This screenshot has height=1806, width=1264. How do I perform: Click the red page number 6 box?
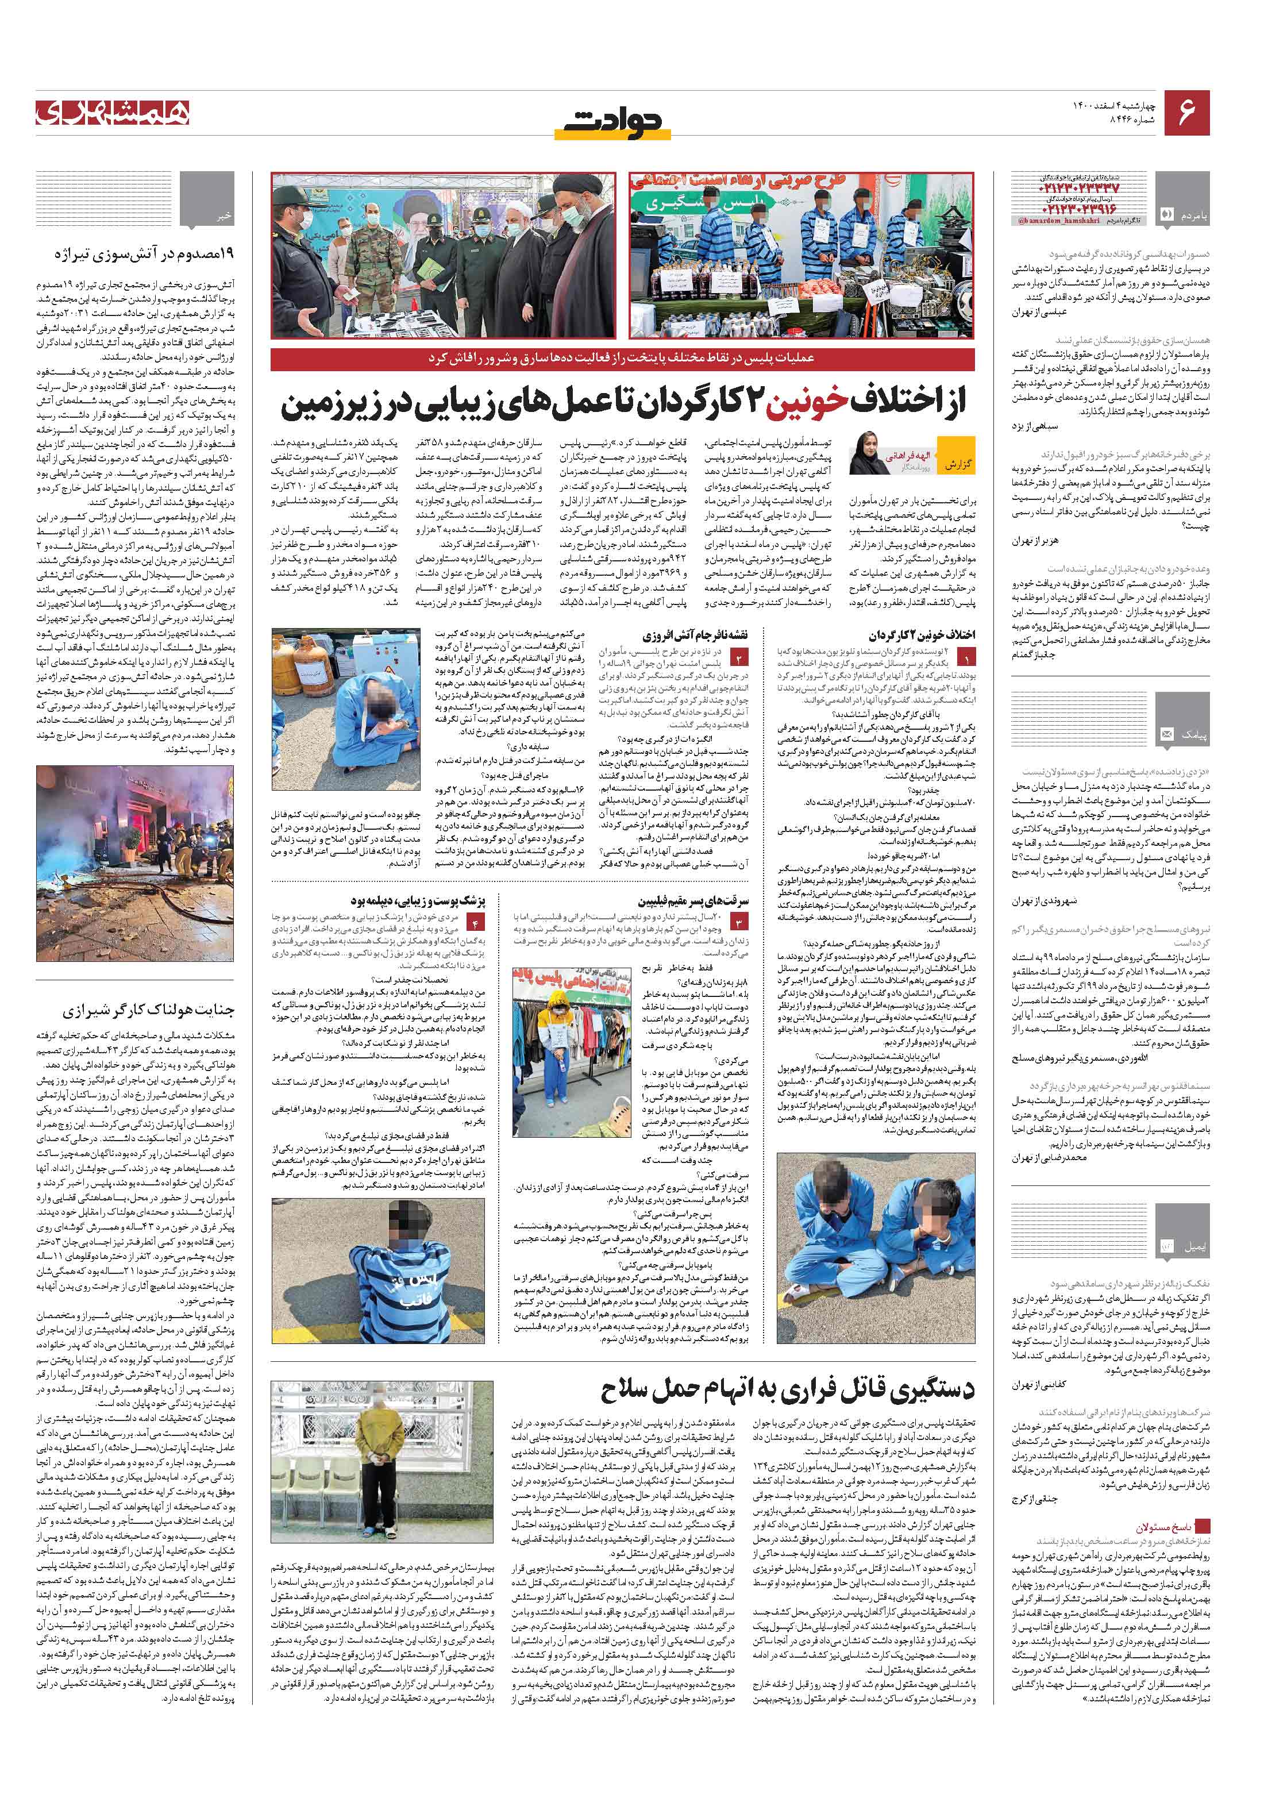[1186, 113]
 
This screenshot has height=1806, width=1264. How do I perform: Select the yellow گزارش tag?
[957, 464]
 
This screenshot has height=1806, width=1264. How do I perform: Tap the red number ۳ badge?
[739, 921]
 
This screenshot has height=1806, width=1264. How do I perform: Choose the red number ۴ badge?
[475, 921]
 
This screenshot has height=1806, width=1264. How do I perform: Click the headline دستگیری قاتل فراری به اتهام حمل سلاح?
[787, 1391]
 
